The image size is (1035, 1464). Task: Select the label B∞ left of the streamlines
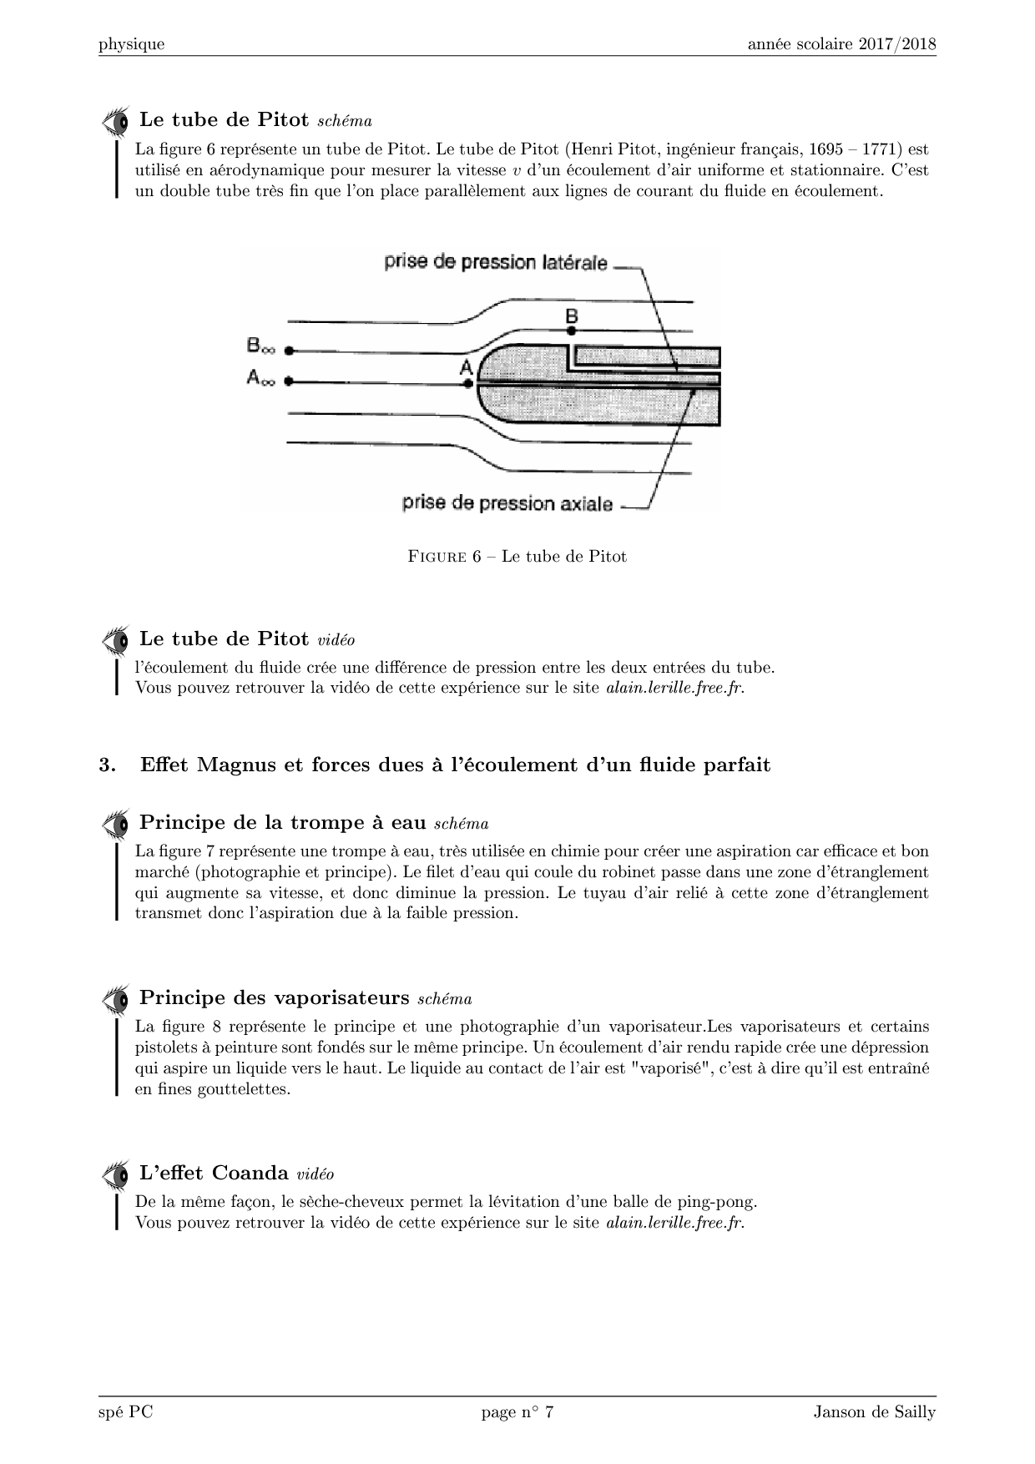click(260, 346)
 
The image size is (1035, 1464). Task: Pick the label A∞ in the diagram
click(260, 379)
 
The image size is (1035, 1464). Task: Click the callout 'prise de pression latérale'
click(496, 262)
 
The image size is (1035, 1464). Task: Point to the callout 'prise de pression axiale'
click(507, 503)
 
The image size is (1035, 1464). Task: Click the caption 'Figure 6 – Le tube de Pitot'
click(517, 557)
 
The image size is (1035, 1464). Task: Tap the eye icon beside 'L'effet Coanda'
click(115, 1174)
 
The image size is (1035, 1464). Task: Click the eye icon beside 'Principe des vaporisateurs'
click(115, 999)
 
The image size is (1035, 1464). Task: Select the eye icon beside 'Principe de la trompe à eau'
click(115, 824)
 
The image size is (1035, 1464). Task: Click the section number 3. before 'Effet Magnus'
click(106, 765)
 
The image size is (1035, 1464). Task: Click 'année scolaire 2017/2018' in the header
click(841, 44)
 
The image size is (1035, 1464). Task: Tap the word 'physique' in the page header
click(131, 45)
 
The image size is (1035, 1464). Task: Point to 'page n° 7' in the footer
click(517, 1412)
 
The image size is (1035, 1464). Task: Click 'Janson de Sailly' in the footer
click(875, 1412)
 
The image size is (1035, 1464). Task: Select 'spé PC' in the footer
click(125, 1412)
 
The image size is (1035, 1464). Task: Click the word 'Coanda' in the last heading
click(250, 1174)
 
